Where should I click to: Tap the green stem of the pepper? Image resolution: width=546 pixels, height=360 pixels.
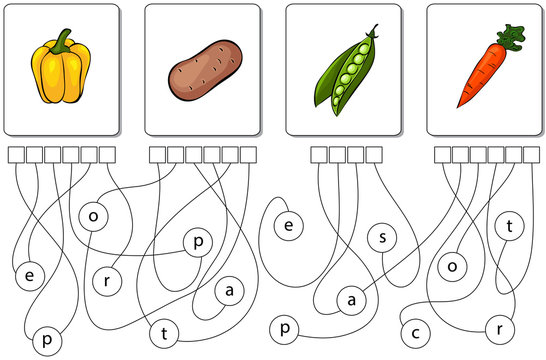(65, 41)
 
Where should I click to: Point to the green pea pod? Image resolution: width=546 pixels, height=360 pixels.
(346, 72)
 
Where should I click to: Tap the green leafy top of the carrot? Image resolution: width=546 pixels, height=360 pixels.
(511, 38)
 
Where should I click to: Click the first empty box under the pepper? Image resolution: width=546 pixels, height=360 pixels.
(15, 154)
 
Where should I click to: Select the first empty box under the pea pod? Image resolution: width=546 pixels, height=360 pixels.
(319, 154)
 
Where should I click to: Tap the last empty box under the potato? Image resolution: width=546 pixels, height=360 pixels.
(247, 154)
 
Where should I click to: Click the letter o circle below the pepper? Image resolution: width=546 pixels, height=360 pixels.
(92, 215)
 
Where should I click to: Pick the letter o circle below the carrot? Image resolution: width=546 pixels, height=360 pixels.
(452, 265)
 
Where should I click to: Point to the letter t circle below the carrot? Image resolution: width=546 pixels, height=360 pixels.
(510, 227)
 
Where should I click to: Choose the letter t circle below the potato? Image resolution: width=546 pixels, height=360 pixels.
(163, 331)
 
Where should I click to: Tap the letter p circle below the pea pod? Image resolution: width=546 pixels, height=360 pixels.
(285, 328)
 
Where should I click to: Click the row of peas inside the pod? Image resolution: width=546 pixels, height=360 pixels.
(349, 72)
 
